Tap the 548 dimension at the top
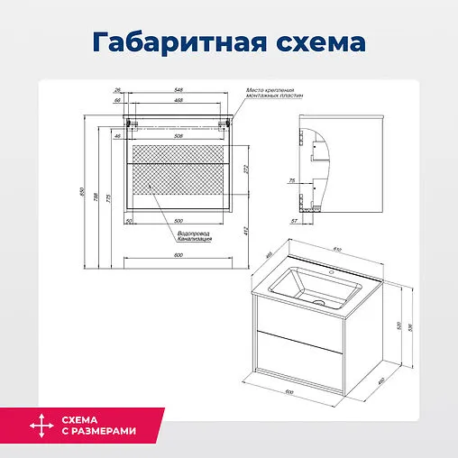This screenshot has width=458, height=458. point(180,90)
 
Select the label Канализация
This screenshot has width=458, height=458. point(195,241)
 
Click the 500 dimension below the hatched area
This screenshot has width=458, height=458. point(179,219)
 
